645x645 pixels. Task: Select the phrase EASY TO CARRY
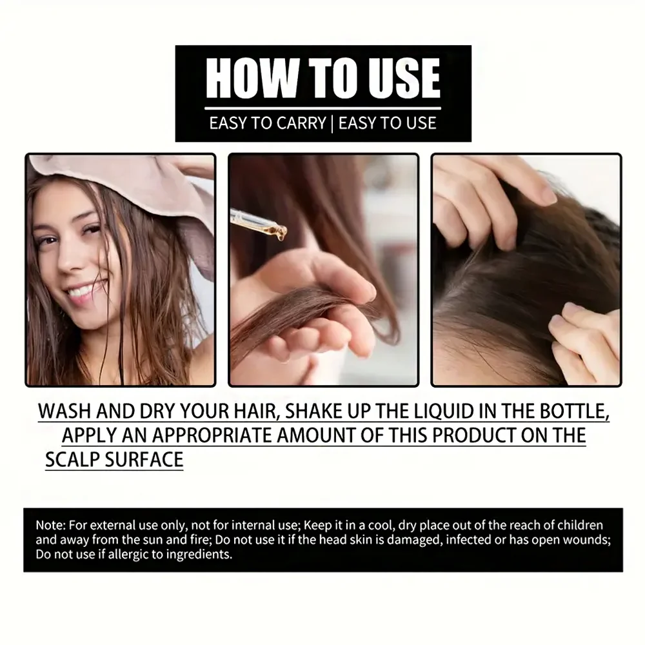(267, 123)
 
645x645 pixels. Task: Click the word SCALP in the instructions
(73, 459)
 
